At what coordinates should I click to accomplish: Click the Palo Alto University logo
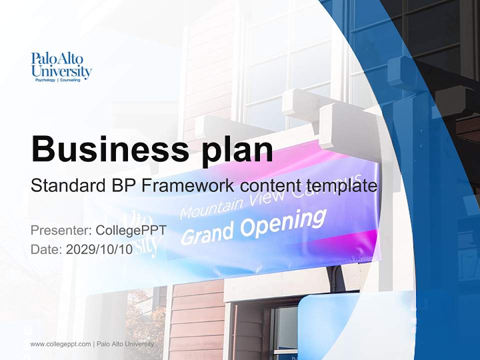tap(61, 66)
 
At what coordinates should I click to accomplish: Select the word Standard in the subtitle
tap(66, 186)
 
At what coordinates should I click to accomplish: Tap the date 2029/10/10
tap(99, 249)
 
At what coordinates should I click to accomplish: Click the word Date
tap(45, 249)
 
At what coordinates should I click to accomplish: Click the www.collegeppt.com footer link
tap(60, 344)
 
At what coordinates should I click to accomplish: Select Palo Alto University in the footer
tap(125, 344)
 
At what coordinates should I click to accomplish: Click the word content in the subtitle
tap(270, 186)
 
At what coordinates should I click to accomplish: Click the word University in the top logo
tap(61, 72)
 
